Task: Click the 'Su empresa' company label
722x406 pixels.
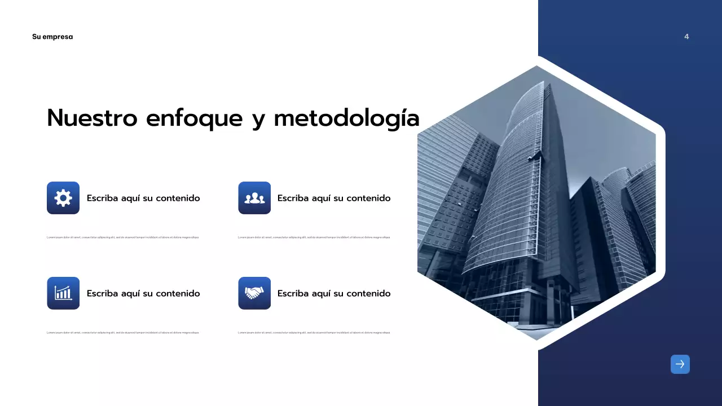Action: click(x=52, y=37)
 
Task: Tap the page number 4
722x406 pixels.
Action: click(x=686, y=37)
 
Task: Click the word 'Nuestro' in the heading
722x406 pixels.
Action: click(x=92, y=118)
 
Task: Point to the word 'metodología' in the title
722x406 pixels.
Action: click(x=346, y=118)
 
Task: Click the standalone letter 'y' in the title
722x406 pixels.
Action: click(x=258, y=120)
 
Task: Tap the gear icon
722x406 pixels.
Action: click(x=63, y=198)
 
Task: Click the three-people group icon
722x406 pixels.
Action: click(x=254, y=198)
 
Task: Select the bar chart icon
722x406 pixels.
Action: click(x=63, y=293)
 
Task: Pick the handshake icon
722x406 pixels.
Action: click(x=254, y=293)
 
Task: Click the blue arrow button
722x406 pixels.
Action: click(x=680, y=364)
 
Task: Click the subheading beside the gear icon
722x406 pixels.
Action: click(x=143, y=198)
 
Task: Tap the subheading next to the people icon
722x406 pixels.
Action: click(x=334, y=198)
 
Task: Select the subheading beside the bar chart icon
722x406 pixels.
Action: click(x=143, y=293)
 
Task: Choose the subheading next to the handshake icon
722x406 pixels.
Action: click(x=334, y=293)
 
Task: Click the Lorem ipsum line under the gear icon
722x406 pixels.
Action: click(x=122, y=237)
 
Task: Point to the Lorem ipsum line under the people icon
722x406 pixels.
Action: click(x=314, y=237)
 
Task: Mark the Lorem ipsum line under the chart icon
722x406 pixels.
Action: click(x=122, y=333)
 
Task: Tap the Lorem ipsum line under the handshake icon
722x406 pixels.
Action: click(x=314, y=333)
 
